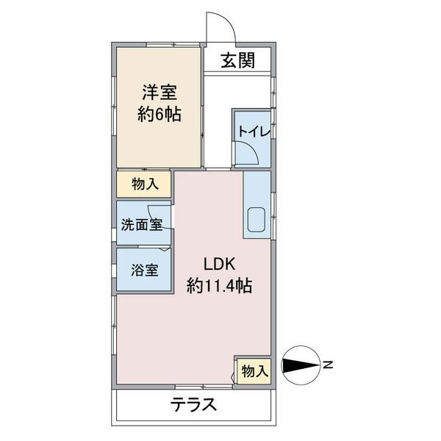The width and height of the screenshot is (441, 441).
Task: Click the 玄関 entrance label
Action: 236,61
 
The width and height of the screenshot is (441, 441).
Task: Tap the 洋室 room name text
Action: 159,93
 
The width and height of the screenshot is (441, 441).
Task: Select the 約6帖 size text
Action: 159,115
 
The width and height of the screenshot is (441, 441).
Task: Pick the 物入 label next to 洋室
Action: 144,184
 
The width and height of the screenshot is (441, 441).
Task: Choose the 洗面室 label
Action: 142,226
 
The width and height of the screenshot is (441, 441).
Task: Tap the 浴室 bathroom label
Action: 144,269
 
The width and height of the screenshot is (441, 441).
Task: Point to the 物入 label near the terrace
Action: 254,372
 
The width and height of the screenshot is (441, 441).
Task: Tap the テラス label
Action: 194,404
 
